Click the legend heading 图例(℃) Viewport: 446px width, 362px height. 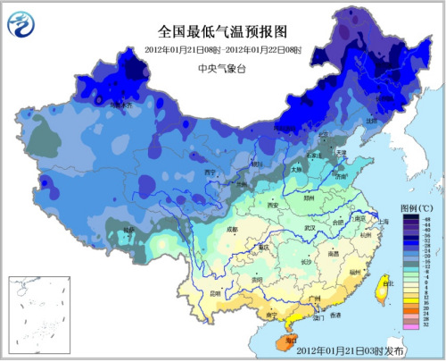click(x=415, y=208)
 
